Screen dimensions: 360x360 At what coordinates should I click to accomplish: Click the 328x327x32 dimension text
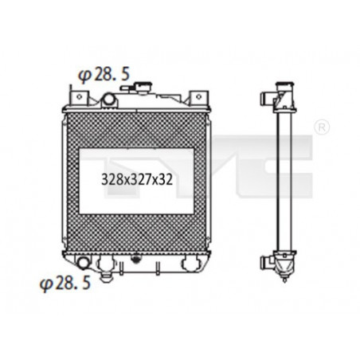point(137,180)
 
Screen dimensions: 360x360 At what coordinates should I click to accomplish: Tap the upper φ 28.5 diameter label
point(104,74)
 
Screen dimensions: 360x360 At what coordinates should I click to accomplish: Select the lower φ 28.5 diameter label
point(65,284)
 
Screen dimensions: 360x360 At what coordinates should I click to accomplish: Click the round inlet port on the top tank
point(109,99)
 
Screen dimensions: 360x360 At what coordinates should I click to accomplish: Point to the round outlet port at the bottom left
point(83,263)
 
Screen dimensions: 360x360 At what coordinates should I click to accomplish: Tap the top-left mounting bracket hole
point(78,97)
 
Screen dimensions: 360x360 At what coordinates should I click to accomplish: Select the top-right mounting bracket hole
point(198,97)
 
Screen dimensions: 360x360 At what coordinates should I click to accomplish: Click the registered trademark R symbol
point(322,127)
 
